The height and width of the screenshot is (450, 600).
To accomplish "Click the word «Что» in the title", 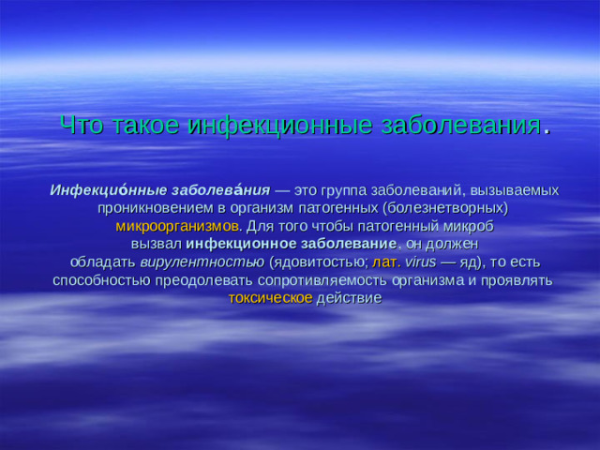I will click(x=79, y=127).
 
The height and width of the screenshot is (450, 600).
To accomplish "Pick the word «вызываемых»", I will click(x=516, y=190).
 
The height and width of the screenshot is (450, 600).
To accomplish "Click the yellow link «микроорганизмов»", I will click(x=177, y=226).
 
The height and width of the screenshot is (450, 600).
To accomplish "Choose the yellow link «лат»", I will click(x=383, y=262).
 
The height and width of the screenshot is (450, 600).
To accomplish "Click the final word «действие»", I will click(x=349, y=298).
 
